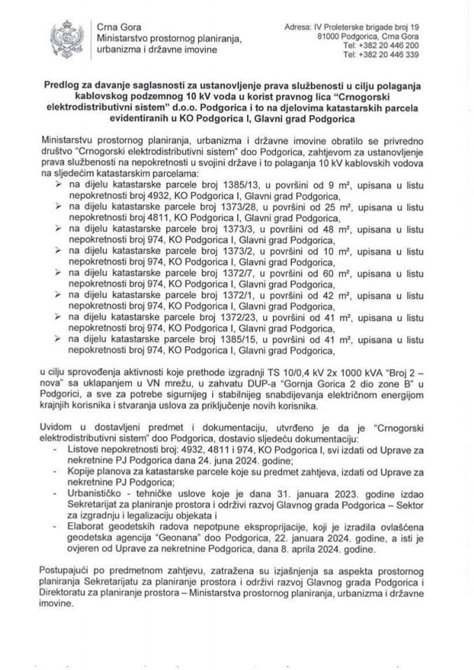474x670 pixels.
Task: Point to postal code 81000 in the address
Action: point(332,34)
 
